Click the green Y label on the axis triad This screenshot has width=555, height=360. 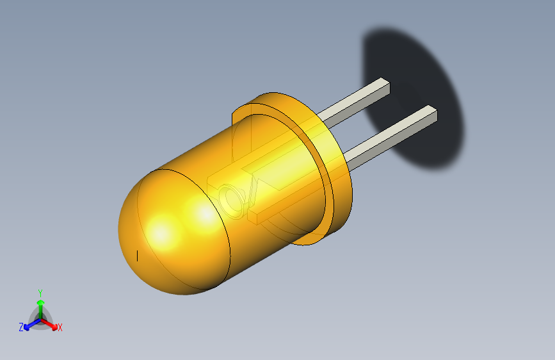pos(40,291)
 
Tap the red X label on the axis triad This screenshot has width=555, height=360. pos(60,328)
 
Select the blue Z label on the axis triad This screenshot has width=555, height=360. pos(21,327)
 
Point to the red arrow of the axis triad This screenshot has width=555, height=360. pos(51,323)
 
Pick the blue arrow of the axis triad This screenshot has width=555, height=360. pos(29,323)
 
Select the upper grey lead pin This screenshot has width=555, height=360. pos(352,102)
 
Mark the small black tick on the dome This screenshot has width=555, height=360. pos(138,256)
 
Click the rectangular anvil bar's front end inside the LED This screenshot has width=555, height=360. pos(253,218)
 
